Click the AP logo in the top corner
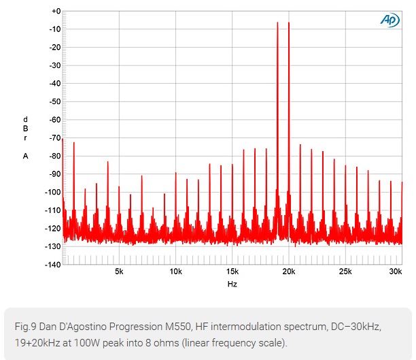(x=389, y=20)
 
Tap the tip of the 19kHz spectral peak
(x=277, y=22)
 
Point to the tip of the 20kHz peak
(x=289, y=22)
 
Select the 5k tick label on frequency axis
(x=119, y=272)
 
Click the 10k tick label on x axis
(x=175, y=272)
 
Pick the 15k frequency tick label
(x=232, y=272)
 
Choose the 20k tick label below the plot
(x=289, y=272)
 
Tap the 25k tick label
(x=345, y=272)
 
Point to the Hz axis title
(x=232, y=284)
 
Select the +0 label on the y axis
(x=56, y=12)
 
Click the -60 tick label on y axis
(x=54, y=120)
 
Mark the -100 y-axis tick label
(x=52, y=192)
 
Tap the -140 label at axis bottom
(x=52, y=264)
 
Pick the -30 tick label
(x=54, y=66)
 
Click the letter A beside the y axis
(x=25, y=156)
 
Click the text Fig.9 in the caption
(x=24, y=327)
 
